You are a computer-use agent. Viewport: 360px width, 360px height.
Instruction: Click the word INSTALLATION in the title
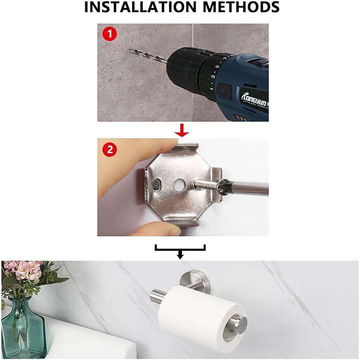(134, 8)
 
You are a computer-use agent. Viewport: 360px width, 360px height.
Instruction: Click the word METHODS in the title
(239, 8)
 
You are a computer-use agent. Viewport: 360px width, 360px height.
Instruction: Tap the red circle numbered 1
(109, 35)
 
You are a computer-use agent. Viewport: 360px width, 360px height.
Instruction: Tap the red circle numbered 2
(109, 150)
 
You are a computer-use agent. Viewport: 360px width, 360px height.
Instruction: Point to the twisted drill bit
(147, 57)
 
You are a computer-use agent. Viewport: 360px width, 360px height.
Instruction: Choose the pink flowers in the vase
(26, 272)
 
